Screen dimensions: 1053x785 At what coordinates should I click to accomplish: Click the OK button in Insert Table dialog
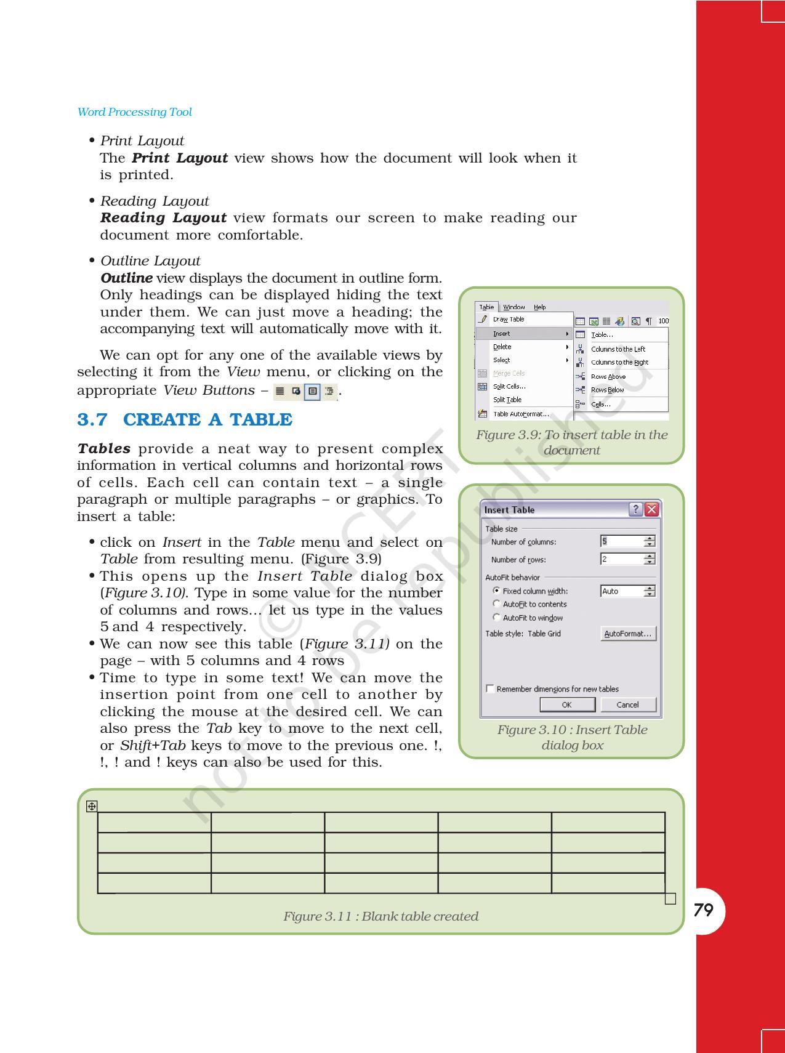tap(566, 704)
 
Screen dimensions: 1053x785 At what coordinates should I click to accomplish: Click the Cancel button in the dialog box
tap(627, 704)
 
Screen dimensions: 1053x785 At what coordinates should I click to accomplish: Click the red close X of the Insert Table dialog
tap(651, 509)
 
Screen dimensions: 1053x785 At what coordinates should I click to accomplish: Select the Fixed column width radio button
tap(497, 590)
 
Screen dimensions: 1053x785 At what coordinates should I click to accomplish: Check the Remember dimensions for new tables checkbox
tap(490, 688)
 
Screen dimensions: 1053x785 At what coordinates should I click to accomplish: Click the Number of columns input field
tap(621, 541)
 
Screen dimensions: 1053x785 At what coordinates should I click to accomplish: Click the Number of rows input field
tap(621, 559)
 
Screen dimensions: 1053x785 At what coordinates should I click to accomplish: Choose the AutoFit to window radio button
tap(497, 617)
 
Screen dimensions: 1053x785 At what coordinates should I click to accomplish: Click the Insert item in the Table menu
tap(502, 333)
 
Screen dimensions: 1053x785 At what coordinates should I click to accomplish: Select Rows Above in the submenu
tap(608, 376)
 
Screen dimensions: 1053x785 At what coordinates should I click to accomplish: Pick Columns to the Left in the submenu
tap(618, 349)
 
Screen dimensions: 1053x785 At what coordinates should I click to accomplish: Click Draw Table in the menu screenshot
tap(509, 319)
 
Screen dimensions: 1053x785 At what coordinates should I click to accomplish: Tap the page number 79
tap(703, 910)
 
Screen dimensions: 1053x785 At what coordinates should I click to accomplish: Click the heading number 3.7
tap(92, 420)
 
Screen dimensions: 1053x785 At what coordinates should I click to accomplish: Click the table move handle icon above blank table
tap(92, 806)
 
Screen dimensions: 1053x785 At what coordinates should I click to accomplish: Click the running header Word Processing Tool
tap(134, 112)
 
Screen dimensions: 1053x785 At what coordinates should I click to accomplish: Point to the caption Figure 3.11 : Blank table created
tap(380, 916)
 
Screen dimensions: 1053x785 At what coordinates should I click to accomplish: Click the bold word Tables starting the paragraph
tap(103, 449)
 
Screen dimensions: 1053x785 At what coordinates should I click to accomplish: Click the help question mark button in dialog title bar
tap(636, 509)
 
